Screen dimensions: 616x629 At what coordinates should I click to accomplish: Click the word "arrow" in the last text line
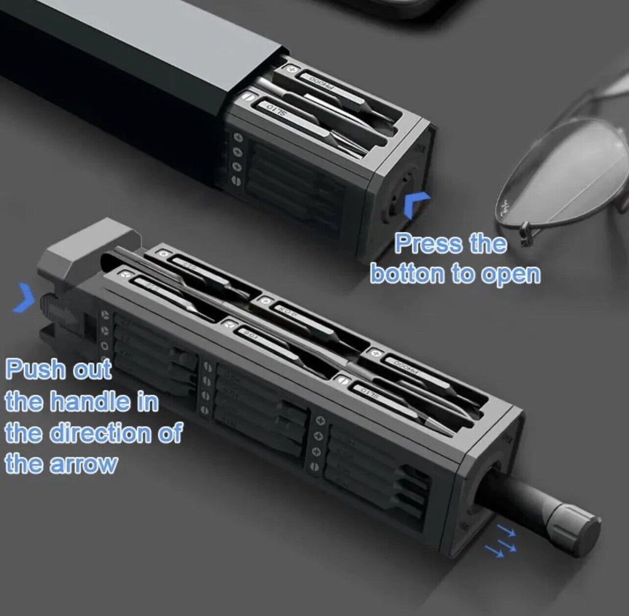tap(85, 464)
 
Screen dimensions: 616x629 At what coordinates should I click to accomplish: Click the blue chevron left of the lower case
tap(24, 298)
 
